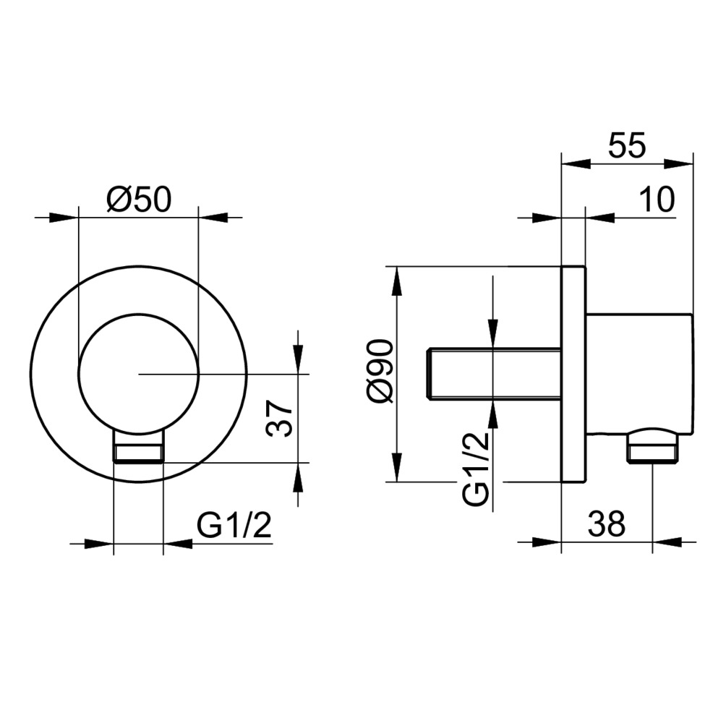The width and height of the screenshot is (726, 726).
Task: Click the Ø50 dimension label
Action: pyautogui.click(x=139, y=200)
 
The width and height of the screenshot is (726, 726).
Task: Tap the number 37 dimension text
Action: pyautogui.click(x=280, y=419)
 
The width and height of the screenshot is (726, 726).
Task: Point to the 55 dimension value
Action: pyautogui.click(x=626, y=145)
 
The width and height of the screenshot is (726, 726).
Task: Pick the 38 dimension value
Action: pyautogui.click(x=607, y=524)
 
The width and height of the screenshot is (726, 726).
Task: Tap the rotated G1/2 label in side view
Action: pyautogui.click(x=476, y=469)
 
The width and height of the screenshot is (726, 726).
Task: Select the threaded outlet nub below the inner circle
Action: pyautogui.click(x=138, y=448)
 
